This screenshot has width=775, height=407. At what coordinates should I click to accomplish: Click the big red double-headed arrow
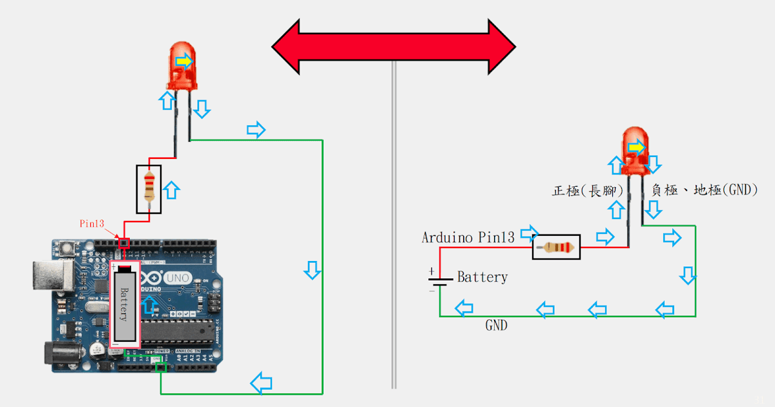(393, 47)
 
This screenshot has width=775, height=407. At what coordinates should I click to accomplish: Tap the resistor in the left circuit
(150, 189)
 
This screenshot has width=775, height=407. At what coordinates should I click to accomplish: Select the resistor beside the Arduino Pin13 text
(556, 247)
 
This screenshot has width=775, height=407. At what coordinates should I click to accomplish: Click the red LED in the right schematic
(635, 152)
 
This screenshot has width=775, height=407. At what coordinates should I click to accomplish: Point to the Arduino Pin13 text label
(468, 237)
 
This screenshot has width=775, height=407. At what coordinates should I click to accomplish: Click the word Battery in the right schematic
(482, 277)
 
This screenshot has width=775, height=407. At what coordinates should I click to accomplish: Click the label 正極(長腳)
(587, 191)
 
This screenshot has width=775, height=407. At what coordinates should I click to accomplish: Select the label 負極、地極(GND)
(704, 191)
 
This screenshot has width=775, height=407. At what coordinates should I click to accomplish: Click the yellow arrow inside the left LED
(184, 61)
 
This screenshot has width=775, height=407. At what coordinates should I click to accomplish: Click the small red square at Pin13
(125, 243)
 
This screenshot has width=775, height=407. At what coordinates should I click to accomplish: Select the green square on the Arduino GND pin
(160, 367)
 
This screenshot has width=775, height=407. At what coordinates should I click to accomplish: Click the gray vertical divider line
(394, 226)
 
